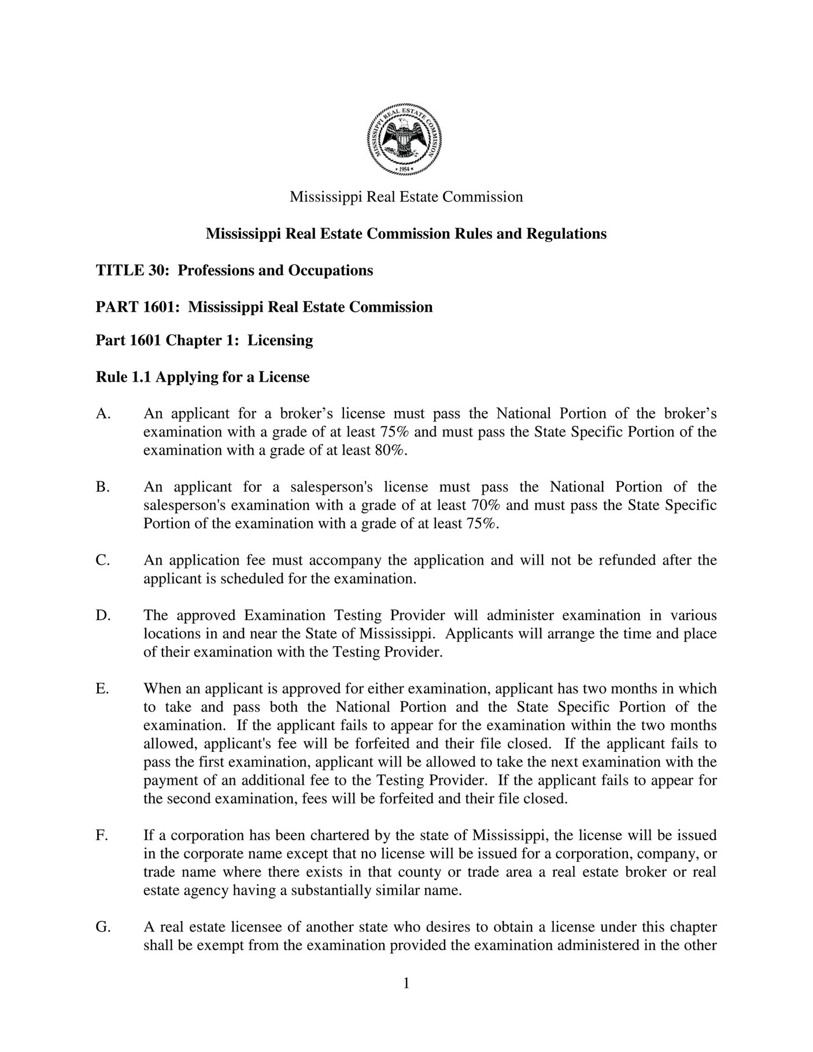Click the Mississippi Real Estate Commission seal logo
(x=405, y=139)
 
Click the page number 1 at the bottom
(x=406, y=983)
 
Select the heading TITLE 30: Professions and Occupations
(x=234, y=270)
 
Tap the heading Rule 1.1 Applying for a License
(x=202, y=377)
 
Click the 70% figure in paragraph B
(x=486, y=505)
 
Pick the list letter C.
(x=102, y=560)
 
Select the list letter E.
(x=102, y=688)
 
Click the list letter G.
(x=103, y=927)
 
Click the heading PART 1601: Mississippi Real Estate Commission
(x=264, y=307)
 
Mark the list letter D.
(x=102, y=615)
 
